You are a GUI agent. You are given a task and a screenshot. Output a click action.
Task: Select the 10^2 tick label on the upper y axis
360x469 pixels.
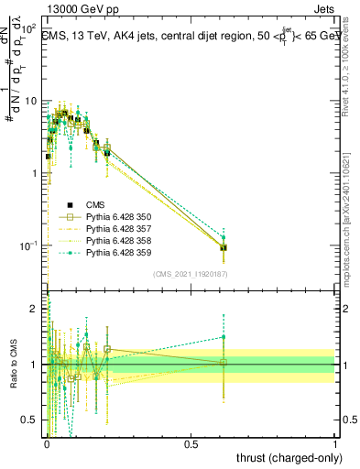click(x=29, y=29)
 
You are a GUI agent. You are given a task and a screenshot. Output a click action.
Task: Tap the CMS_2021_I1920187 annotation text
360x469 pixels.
click(x=190, y=274)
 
